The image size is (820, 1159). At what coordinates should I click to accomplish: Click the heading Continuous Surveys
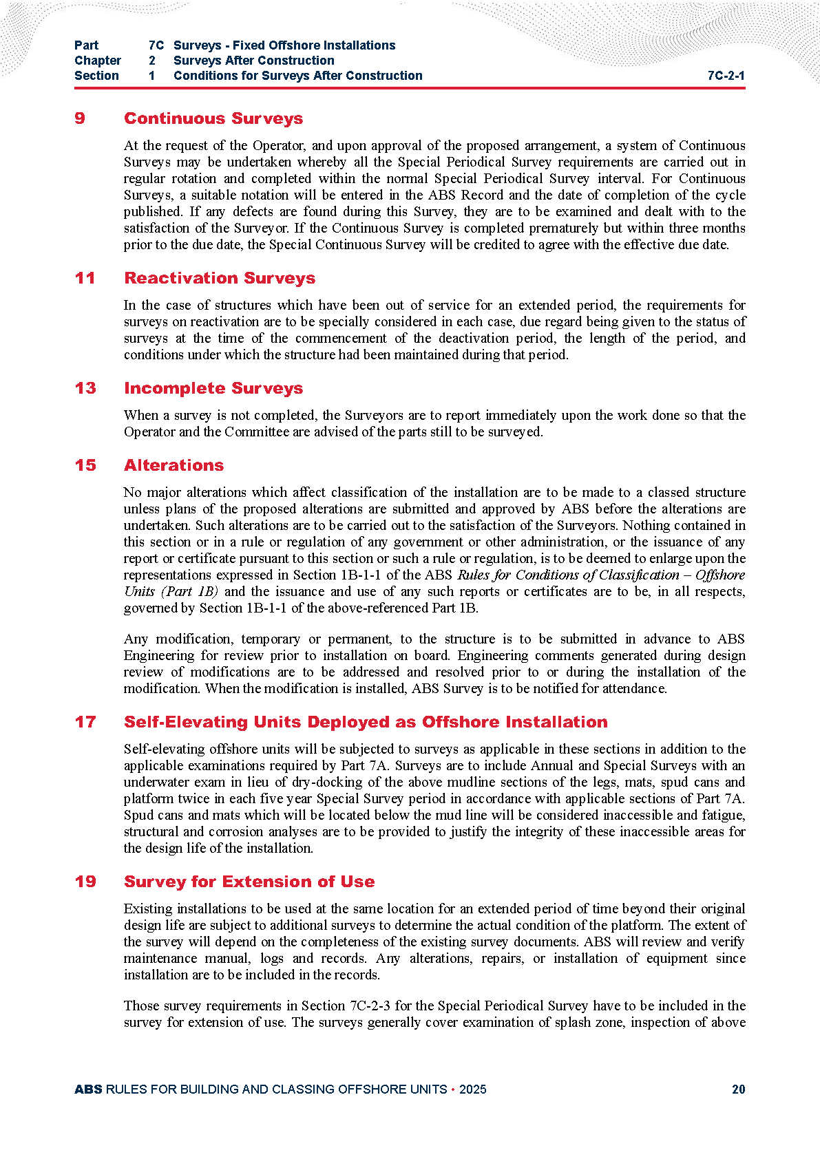pos(213,118)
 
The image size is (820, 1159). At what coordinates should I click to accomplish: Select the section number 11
pos(85,278)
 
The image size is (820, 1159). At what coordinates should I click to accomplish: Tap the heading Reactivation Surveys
pos(220,278)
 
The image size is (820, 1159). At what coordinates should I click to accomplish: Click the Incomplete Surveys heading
pos(213,388)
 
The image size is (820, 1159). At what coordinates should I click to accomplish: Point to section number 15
pos(85,465)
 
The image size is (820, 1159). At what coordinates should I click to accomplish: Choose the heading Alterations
pos(174,465)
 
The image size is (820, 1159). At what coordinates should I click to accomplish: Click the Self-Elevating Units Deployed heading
pos(366,722)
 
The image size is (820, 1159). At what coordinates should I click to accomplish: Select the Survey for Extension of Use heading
pos(249,882)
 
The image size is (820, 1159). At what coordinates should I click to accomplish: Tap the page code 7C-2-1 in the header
pos(726,76)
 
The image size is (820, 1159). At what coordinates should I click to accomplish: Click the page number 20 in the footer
pos(738,1089)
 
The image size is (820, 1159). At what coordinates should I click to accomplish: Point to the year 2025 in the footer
pos(472,1089)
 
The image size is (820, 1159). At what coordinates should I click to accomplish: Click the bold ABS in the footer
pos(88,1089)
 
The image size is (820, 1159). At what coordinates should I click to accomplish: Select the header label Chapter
pos(98,61)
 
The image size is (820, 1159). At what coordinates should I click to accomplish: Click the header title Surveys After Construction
pos(254,61)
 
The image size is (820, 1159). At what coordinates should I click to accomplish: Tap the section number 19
pos(85,882)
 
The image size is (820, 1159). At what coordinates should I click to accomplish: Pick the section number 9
pos(80,118)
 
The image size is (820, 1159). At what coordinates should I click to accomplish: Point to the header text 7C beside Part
pos(156,45)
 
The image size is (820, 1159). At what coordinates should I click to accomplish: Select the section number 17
pos(85,722)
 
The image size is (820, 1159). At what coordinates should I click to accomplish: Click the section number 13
pos(85,388)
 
